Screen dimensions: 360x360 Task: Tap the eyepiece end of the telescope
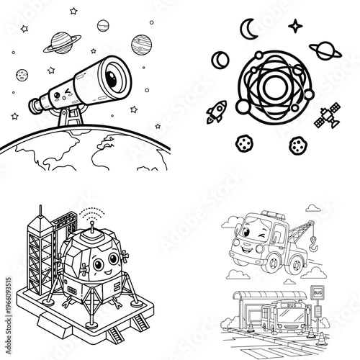pos(33,106)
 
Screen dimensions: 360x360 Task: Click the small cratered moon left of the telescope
pos(22,74)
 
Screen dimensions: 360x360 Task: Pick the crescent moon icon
pos(248,28)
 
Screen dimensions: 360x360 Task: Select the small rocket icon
pos(215,112)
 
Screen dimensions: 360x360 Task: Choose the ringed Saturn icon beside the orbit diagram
pos(325,51)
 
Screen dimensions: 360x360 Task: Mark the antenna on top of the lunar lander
pos(91,224)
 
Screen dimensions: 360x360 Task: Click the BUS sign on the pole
pos(317,293)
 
